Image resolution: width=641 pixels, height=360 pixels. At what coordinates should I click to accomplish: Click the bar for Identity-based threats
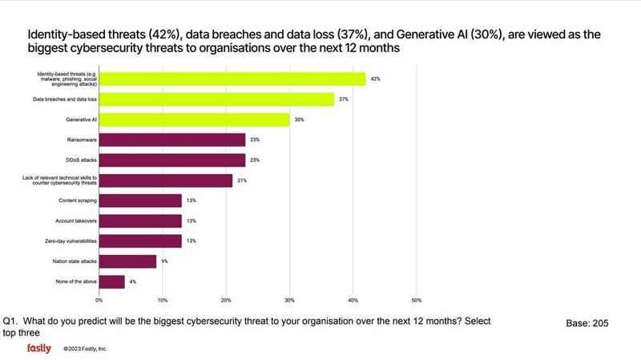[232, 79]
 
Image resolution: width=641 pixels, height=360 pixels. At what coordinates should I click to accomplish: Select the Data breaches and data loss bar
[216, 99]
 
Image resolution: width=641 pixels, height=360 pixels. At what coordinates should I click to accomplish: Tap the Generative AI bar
[194, 119]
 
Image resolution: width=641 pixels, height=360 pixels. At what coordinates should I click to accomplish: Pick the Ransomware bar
[172, 140]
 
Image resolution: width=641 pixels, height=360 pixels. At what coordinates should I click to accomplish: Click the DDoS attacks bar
[172, 160]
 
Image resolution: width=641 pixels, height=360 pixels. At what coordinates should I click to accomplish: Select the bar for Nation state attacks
[127, 261]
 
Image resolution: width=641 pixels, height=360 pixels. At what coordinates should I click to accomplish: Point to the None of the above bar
[112, 282]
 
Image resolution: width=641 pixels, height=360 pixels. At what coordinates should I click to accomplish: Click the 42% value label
[375, 79]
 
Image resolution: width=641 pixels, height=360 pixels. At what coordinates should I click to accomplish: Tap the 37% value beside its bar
[343, 99]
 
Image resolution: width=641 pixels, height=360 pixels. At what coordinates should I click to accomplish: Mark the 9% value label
[164, 261]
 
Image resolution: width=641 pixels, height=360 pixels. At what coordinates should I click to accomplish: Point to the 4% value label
[133, 282]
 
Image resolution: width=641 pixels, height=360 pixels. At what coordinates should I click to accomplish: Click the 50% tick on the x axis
[416, 301]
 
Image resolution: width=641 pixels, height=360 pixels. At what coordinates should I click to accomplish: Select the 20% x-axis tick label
[226, 301]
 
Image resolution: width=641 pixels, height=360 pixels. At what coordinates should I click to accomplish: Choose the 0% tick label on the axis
[99, 301]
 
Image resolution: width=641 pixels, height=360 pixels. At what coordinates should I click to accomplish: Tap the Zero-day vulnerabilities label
[71, 241]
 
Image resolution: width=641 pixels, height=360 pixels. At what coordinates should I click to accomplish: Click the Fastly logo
[38, 349]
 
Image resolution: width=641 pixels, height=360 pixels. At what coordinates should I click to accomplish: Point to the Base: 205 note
[588, 323]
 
